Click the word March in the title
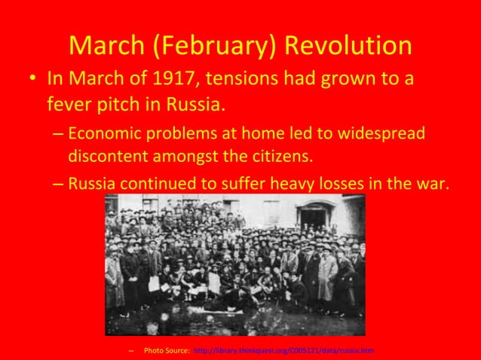108,46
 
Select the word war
432,182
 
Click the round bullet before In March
29,79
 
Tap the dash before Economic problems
59,135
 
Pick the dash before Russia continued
59,183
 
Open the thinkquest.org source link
283,351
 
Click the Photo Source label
166,351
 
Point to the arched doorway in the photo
315,217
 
